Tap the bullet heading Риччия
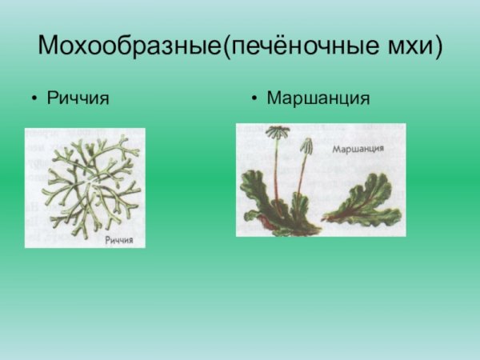click(x=78, y=98)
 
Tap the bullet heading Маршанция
click(x=318, y=98)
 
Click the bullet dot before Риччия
click(x=34, y=99)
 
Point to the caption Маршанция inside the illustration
click(x=358, y=150)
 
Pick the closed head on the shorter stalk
click(x=306, y=146)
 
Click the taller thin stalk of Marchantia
click(x=277, y=168)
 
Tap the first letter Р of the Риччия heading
click(x=53, y=98)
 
